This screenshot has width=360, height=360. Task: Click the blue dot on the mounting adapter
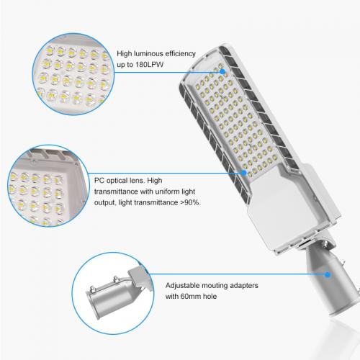click(x=327, y=274)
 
